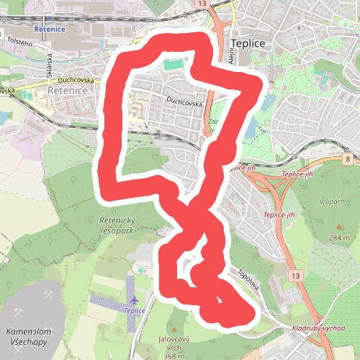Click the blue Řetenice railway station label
[x=49, y=30]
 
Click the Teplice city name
[x=248, y=43]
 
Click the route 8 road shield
[x=347, y=158]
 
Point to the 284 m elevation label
[x=340, y=238]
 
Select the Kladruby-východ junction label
[x=318, y=328]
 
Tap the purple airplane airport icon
[x=135, y=300]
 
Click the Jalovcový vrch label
[x=174, y=343]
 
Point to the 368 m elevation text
[x=174, y=356]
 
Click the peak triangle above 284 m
[x=340, y=228]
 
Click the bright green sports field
[x=174, y=65]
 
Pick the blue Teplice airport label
[x=135, y=310]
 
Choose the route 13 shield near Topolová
[x=294, y=276]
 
